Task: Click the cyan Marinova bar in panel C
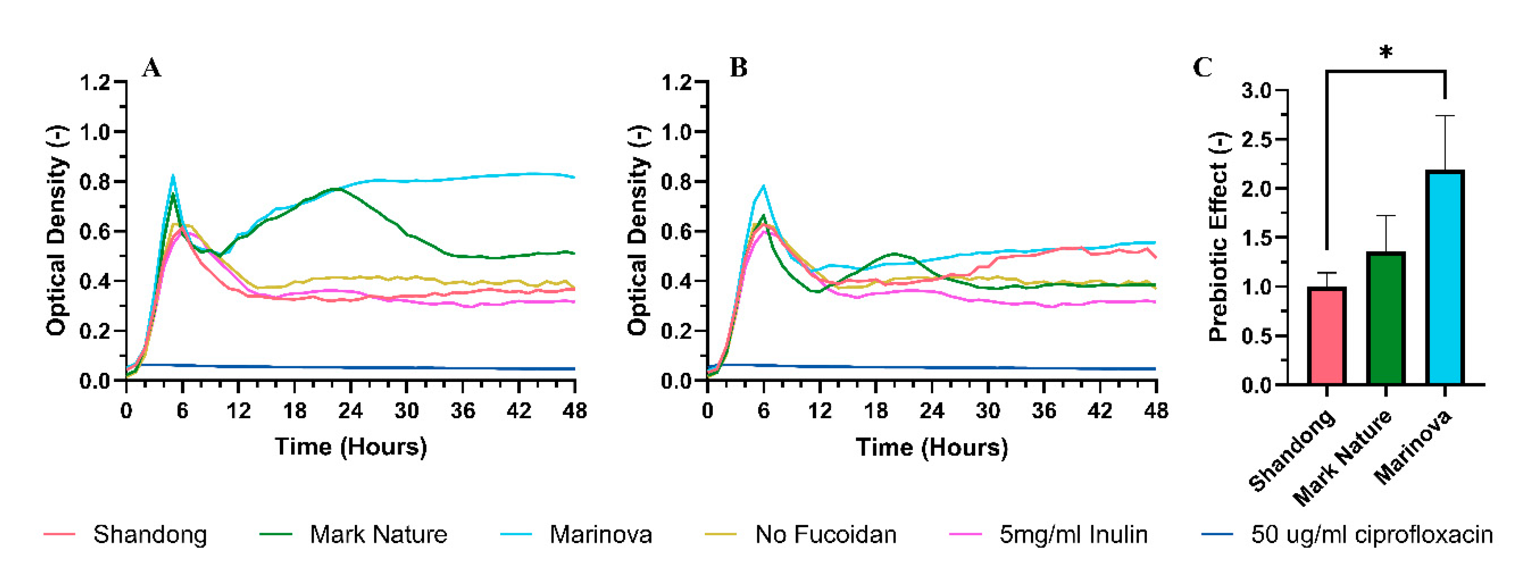[1445, 277]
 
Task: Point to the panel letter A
[151, 68]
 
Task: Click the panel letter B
[739, 68]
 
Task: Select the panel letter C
[1202, 68]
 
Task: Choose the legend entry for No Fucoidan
[825, 534]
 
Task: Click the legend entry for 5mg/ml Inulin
[1073, 534]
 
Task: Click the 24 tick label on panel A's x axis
[350, 411]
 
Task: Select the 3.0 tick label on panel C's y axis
[1256, 90]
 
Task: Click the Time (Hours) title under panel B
[931, 447]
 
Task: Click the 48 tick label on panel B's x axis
[1156, 411]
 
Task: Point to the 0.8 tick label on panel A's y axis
[96, 182]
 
